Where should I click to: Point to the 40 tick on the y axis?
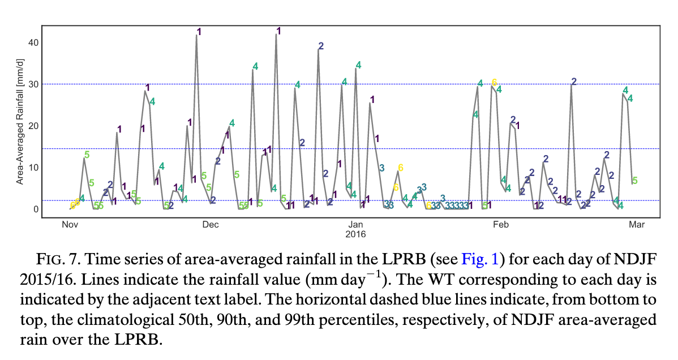point(33,42)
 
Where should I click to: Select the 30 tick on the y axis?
point(33,84)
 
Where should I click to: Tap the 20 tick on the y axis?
point(33,126)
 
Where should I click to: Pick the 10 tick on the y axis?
point(33,167)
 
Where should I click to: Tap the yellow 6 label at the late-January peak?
point(494,82)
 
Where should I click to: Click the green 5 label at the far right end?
point(634,181)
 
